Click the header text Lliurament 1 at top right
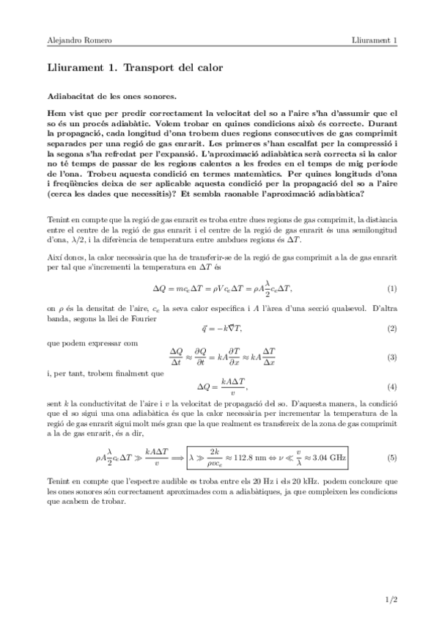pyautogui.click(x=374, y=40)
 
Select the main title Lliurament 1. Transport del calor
pyautogui.click(x=135, y=67)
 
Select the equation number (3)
pyautogui.click(x=392, y=356)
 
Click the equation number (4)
pyautogui.click(x=392, y=387)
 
